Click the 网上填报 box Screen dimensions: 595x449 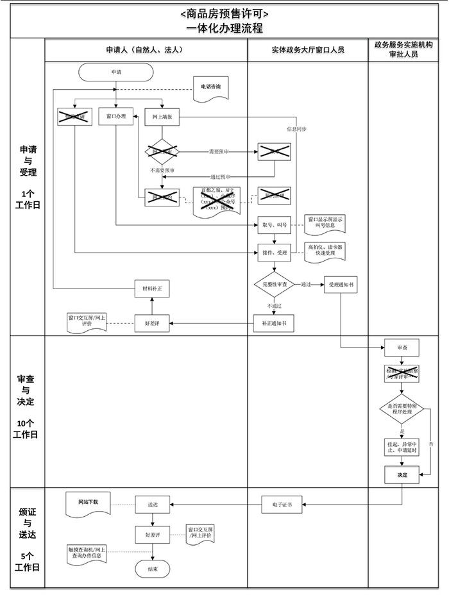tap(162, 117)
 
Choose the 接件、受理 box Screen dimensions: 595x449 tap(275, 253)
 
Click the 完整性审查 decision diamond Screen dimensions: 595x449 tap(275, 284)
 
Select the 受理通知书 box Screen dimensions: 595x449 tap(340, 284)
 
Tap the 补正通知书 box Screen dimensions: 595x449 tap(275, 324)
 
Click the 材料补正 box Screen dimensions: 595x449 tap(152, 289)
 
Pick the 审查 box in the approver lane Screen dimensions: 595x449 tap(402, 348)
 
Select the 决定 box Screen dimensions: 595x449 tap(402, 475)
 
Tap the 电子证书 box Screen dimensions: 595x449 tap(282, 505)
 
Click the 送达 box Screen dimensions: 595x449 tap(152, 505)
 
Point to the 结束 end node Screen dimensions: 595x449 tap(152, 569)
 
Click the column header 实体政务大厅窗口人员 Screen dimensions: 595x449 tap(307, 50)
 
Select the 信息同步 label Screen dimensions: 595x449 tap(296, 129)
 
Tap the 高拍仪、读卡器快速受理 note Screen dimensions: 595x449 tap(325, 251)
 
